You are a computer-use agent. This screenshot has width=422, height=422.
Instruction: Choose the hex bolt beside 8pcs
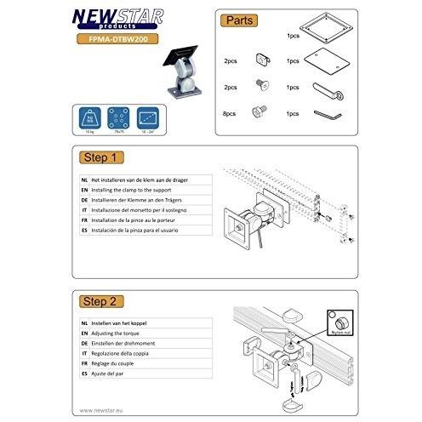pyautogui.click(x=261, y=112)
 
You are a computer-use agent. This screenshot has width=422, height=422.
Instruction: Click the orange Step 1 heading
pyautogui.click(x=103, y=158)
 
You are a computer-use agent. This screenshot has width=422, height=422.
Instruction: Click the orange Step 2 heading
pyautogui.click(x=103, y=300)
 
